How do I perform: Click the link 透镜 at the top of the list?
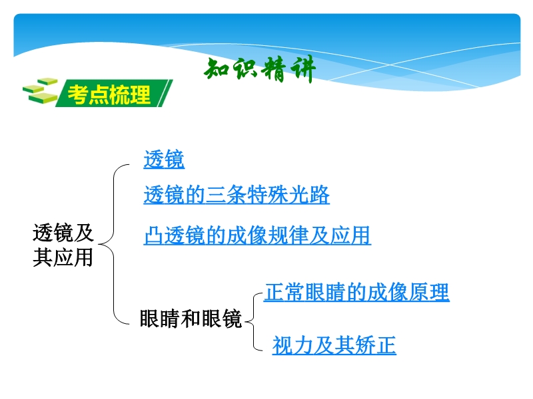(x=164, y=159)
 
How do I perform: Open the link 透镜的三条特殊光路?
(x=237, y=195)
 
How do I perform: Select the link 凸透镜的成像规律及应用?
(x=257, y=235)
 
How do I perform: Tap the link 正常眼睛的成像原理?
(x=356, y=292)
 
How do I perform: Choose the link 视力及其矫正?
(x=334, y=345)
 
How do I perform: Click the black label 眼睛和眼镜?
(x=191, y=319)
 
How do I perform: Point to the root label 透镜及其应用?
(x=63, y=245)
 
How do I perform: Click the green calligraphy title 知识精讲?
(x=260, y=70)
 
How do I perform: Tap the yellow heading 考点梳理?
(x=109, y=94)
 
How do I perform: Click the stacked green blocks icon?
(x=40, y=90)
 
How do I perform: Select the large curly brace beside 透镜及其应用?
(x=113, y=244)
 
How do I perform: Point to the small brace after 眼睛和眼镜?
(x=254, y=321)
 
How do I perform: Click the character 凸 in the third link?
(x=154, y=235)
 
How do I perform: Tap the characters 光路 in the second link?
(x=309, y=195)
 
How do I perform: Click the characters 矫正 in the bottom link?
(x=376, y=345)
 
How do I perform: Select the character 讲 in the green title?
(x=303, y=70)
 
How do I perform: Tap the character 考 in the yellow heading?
(x=78, y=94)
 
